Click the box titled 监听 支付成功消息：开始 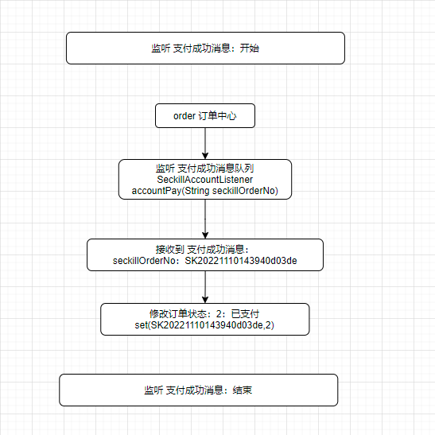pyautogui.click(x=205, y=48)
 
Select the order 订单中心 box pyautogui.click(x=205, y=115)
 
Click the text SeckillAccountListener pyautogui.click(x=204, y=180)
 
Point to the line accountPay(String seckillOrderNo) pyautogui.click(x=204, y=191)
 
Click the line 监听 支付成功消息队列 pyautogui.click(x=204, y=168)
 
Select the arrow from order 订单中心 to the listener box pyautogui.click(x=205, y=143)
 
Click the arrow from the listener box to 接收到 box pyautogui.click(x=205, y=219)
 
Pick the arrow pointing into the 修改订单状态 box pyautogui.click(x=205, y=287)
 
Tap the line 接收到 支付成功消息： pyautogui.click(x=202, y=250)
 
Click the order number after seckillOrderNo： pyautogui.click(x=241, y=261)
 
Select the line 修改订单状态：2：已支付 pyautogui.click(x=204, y=314)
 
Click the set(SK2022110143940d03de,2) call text pyautogui.click(x=204, y=325)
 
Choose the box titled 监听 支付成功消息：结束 pyautogui.click(x=198, y=390)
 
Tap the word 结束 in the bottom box pyautogui.click(x=243, y=390)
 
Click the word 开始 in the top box pyautogui.click(x=250, y=49)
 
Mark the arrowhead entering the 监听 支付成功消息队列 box pyautogui.click(x=205, y=156)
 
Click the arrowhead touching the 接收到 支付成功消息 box pyautogui.click(x=205, y=235)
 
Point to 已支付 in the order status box pyautogui.click(x=245, y=314)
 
